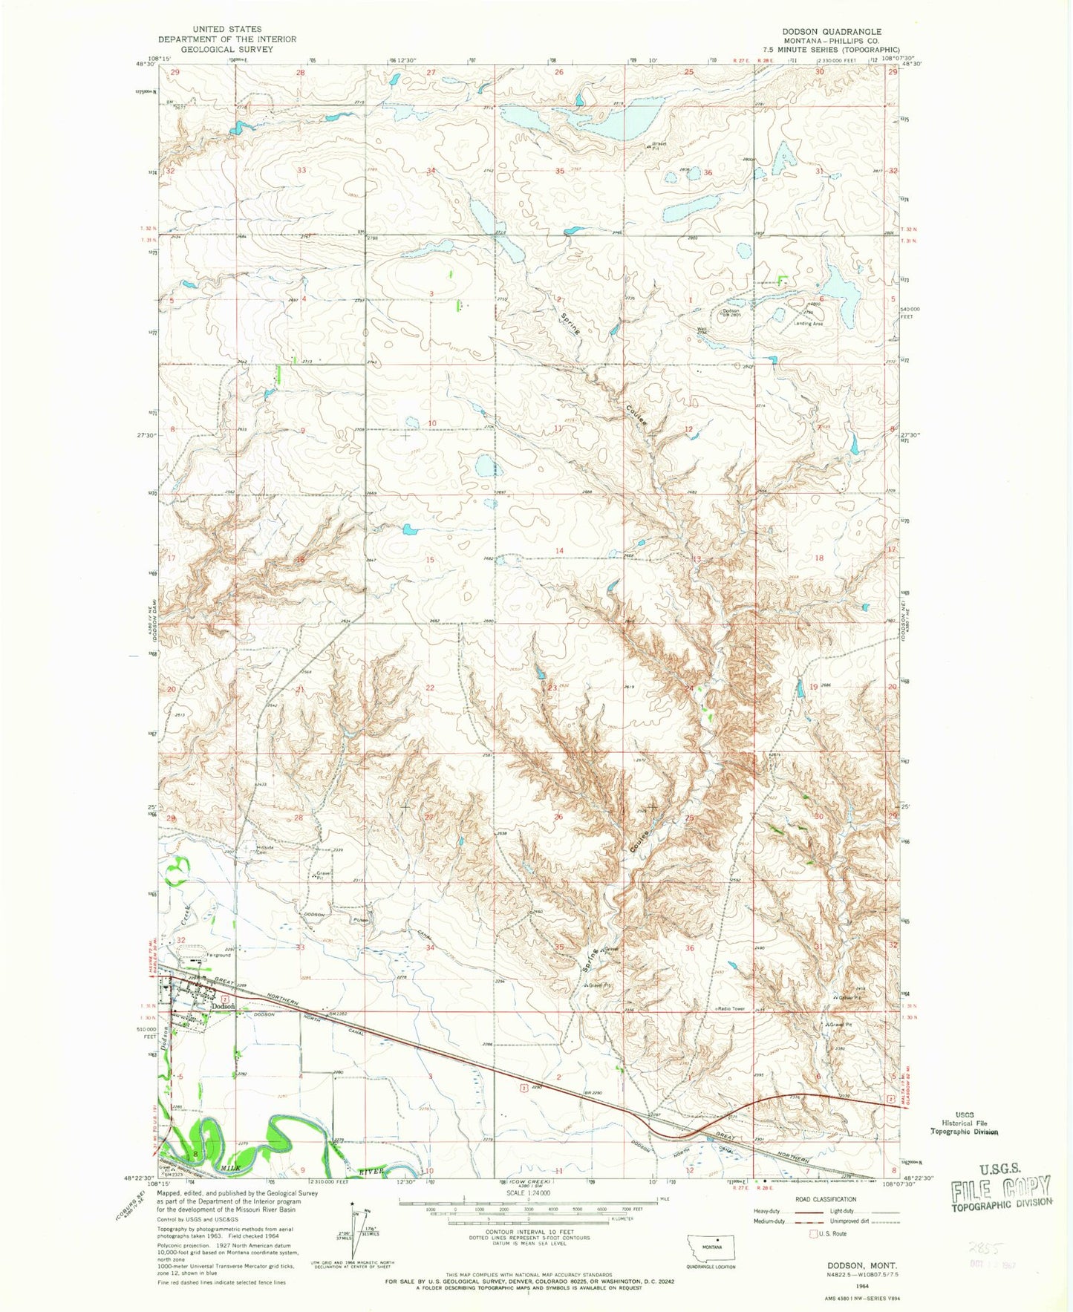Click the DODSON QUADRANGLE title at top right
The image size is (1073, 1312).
(821, 32)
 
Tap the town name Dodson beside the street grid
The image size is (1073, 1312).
(224, 1006)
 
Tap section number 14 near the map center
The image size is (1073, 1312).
(559, 550)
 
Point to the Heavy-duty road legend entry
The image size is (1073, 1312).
(771, 1211)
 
